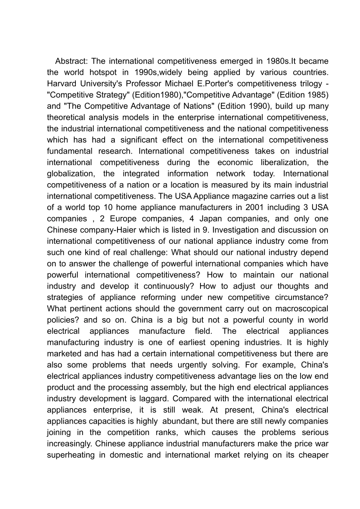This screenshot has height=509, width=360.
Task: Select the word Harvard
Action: click(x=62, y=83)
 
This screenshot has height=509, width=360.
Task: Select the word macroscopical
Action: click(x=298, y=309)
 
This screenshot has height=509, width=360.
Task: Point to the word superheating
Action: click(x=71, y=455)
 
